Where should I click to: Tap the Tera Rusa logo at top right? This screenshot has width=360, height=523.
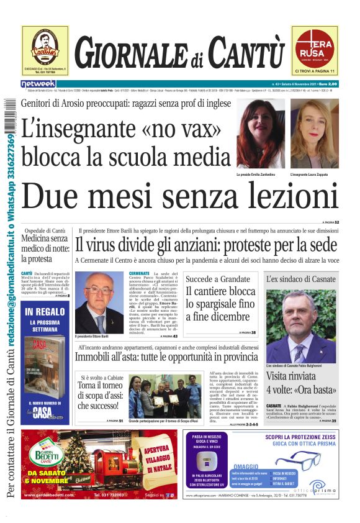tap(315, 47)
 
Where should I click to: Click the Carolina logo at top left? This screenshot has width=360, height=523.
tap(45, 47)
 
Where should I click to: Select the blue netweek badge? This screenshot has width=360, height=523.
tap(38, 84)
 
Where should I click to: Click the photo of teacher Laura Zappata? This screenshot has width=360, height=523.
tap(315, 134)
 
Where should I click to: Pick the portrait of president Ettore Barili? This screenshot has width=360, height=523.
tap(99, 302)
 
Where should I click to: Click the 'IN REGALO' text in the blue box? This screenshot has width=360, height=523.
tap(45, 311)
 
